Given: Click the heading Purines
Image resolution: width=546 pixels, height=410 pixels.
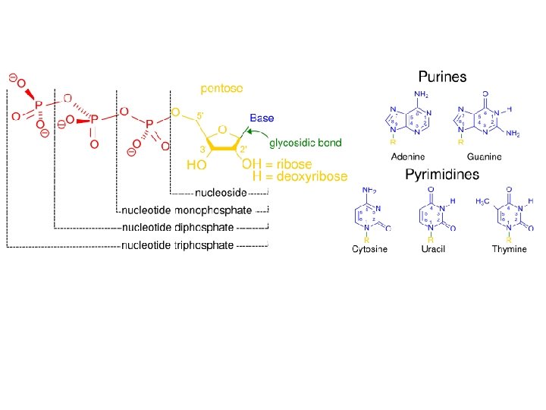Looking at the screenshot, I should (x=442, y=77).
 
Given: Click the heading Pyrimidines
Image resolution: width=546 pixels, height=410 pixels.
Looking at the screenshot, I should (x=442, y=175).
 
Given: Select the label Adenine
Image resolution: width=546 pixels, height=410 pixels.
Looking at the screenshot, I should (x=407, y=157).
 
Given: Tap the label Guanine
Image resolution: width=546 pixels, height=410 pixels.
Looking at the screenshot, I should (x=484, y=157).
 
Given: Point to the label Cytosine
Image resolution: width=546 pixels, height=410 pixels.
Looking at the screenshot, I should (x=369, y=249).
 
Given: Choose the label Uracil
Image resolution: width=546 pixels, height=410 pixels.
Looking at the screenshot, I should (x=431, y=249).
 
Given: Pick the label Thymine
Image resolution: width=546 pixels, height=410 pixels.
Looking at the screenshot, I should (x=509, y=249).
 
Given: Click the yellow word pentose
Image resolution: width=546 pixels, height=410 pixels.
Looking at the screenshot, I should (x=221, y=88).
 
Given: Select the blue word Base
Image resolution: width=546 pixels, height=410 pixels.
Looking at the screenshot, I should (x=262, y=118).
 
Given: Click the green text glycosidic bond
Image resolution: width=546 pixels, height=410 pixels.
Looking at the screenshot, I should (x=300, y=143).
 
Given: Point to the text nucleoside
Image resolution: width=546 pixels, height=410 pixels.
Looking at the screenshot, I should (x=221, y=192).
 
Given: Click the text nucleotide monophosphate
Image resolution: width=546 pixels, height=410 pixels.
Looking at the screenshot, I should (x=187, y=210).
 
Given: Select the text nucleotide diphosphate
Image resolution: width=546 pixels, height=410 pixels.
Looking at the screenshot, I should (x=177, y=227).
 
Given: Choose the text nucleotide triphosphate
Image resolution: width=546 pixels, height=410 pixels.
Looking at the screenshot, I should (x=177, y=245).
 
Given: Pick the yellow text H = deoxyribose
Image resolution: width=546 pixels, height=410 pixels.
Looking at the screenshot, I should (x=300, y=176).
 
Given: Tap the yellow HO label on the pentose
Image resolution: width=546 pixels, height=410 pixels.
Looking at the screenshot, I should (x=196, y=165).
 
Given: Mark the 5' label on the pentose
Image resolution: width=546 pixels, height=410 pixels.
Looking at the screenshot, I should (x=199, y=115).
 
